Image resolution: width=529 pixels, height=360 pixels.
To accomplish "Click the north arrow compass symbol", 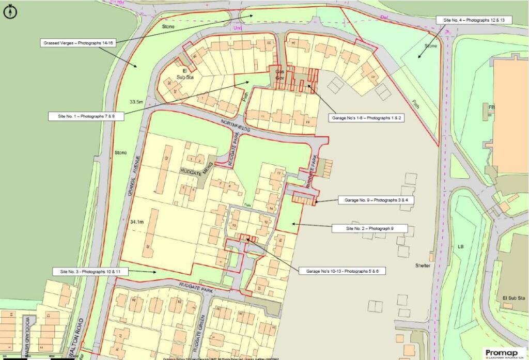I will coord(10,11).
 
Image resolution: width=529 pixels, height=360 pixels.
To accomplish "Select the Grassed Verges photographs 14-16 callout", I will coord(77,43).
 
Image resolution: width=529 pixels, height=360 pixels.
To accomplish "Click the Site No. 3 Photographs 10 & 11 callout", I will coord(90,271).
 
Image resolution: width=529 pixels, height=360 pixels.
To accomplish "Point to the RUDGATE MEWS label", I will coord(196,172).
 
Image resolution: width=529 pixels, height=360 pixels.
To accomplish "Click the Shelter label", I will coord(423,265).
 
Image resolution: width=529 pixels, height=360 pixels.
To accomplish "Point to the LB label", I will coord(461,246).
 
